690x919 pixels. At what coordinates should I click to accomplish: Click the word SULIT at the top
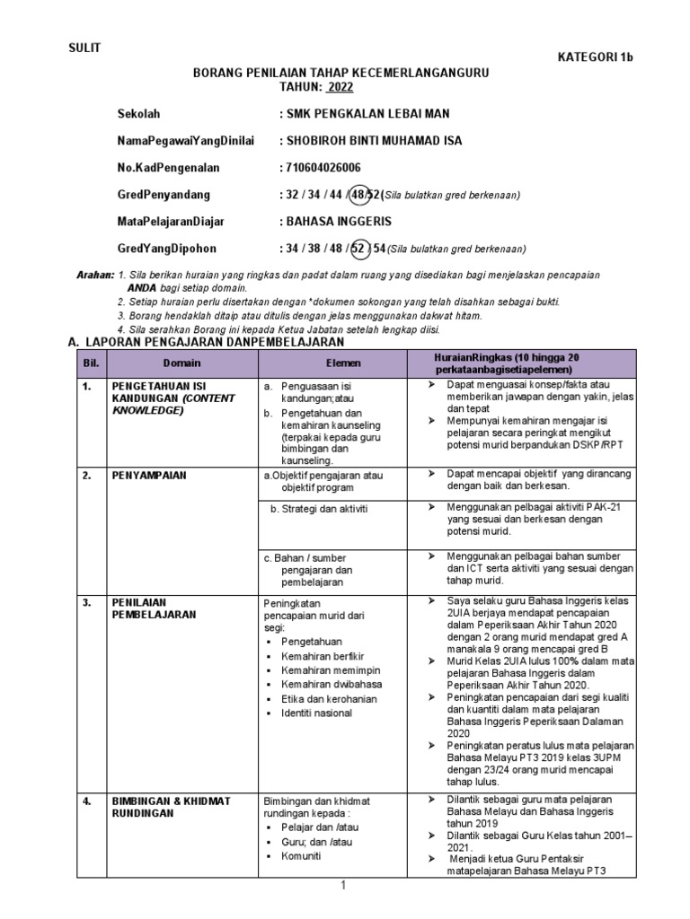85,48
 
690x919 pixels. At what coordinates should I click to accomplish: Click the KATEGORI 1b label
596,58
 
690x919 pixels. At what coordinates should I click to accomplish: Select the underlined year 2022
340,87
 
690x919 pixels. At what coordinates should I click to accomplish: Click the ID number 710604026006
323,168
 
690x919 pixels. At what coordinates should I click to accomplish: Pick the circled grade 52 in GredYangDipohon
360,249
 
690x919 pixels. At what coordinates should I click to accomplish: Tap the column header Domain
181,363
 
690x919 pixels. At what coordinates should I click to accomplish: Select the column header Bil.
90,363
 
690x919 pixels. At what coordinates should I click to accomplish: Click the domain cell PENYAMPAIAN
148,476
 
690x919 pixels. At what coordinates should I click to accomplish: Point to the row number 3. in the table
87,602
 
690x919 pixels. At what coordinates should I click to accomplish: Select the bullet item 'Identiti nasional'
316,713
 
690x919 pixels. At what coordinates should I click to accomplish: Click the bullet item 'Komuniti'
304,856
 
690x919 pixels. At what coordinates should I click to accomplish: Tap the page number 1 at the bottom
342,886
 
